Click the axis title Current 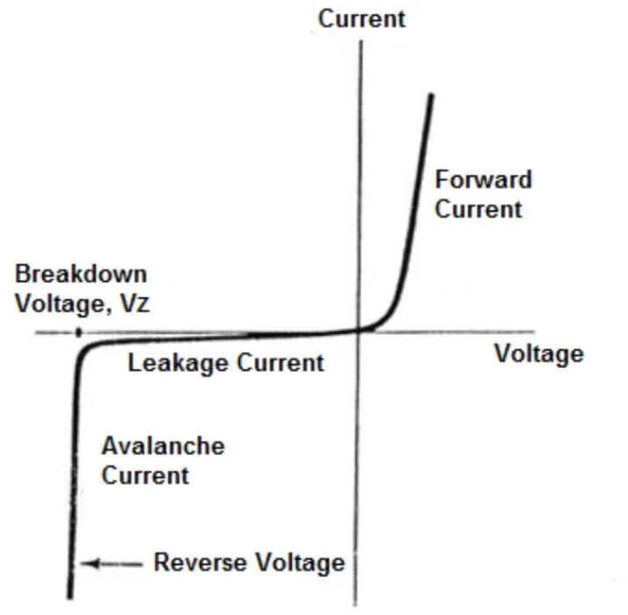pyautogui.click(x=361, y=18)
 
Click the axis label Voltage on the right pyautogui.click(x=538, y=353)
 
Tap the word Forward pyautogui.click(x=484, y=180)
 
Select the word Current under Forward pyautogui.click(x=478, y=209)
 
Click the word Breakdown pyautogui.click(x=81, y=274)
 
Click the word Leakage pyautogui.click(x=175, y=362)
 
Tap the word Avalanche pyautogui.click(x=163, y=445)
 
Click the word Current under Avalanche pyautogui.click(x=145, y=475)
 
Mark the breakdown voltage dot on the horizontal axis pyautogui.click(x=78, y=333)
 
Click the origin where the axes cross pyautogui.click(x=360, y=331)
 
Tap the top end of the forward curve pyautogui.click(x=432, y=96)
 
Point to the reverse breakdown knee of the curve pyautogui.click(x=84, y=350)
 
